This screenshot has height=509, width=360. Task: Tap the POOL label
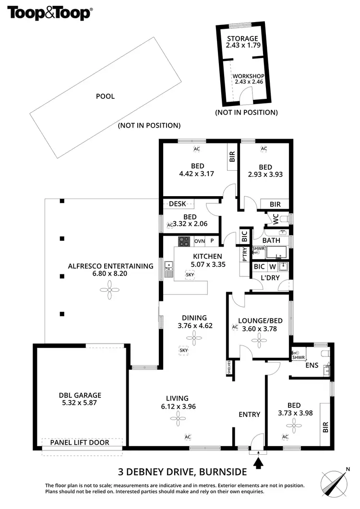tap(106, 96)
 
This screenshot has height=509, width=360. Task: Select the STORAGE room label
tap(242, 38)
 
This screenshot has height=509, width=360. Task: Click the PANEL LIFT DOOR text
tap(80, 442)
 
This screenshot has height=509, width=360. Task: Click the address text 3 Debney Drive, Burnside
tap(182, 471)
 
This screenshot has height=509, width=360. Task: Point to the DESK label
tap(177, 204)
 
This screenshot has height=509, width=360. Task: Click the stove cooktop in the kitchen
tap(185, 241)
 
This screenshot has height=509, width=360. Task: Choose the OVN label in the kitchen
tap(199, 241)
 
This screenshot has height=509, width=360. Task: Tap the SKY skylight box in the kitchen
tap(191, 274)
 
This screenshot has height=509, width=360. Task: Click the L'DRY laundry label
tap(269, 278)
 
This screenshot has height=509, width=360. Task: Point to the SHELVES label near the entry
tap(229, 368)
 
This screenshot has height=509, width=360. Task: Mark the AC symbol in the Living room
tap(188, 437)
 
